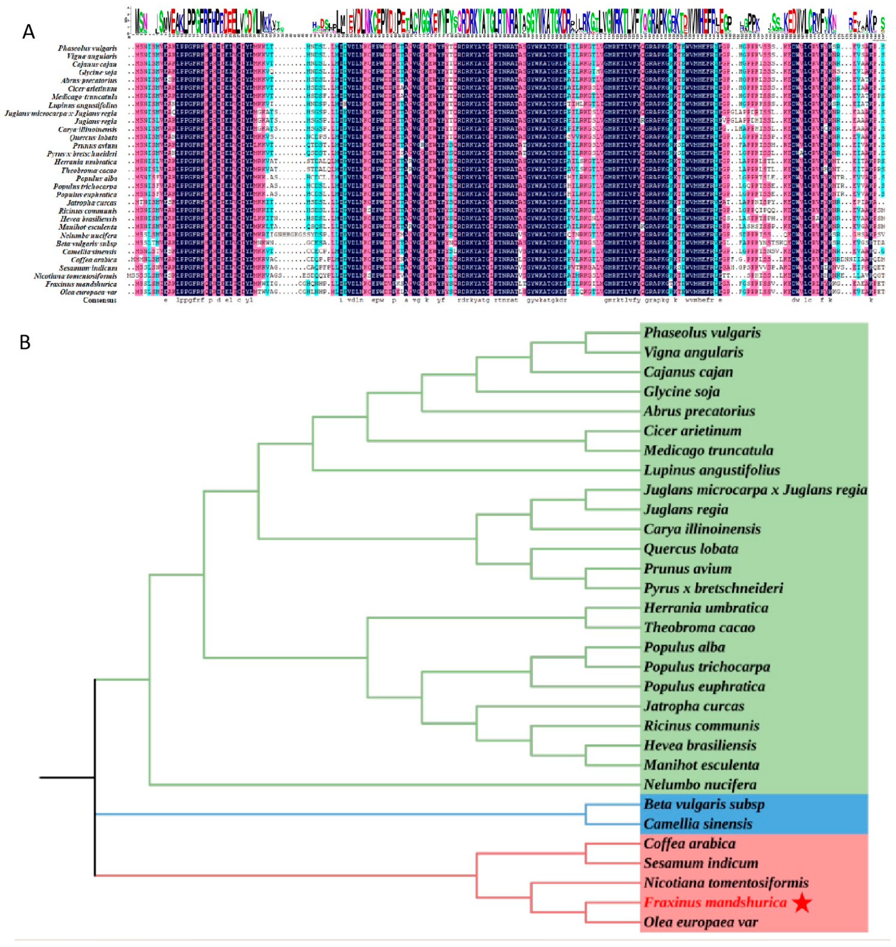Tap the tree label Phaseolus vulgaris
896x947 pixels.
702,333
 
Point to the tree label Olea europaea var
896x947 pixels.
700,922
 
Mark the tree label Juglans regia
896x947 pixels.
686,510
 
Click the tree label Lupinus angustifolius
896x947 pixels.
712,470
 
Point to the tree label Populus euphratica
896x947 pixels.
704,687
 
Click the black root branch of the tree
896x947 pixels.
67,778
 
